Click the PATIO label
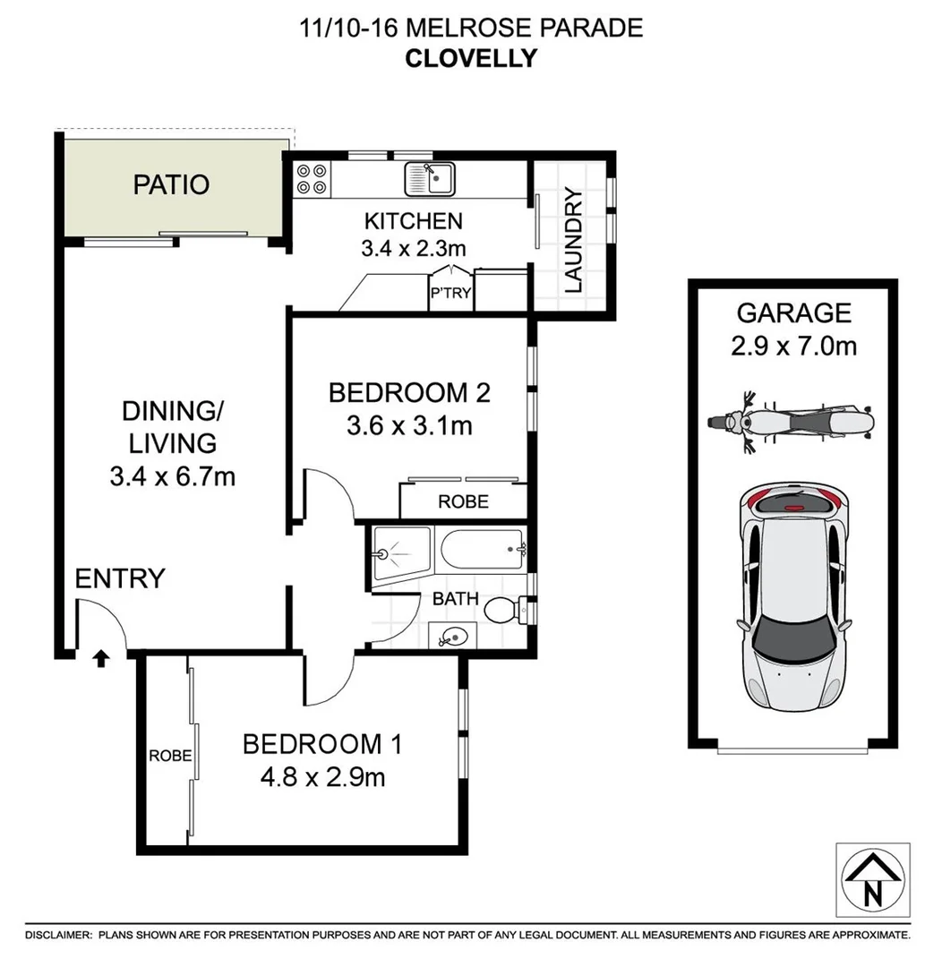(x=171, y=184)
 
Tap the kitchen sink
(x=430, y=178)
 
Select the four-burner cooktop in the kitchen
(x=311, y=178)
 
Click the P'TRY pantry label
(x=450, y=293)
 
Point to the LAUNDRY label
(x=573, y=241)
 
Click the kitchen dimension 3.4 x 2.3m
(x=413, y=248)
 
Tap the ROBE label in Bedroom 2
(x=463, y=501)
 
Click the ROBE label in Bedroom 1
(x=169, y=755)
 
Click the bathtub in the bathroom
(x=479, y=551)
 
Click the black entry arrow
(x=100, y=660)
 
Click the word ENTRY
(x=120, y=578)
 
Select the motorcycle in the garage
(x=789, y=421)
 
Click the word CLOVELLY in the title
(x=471, y=58)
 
